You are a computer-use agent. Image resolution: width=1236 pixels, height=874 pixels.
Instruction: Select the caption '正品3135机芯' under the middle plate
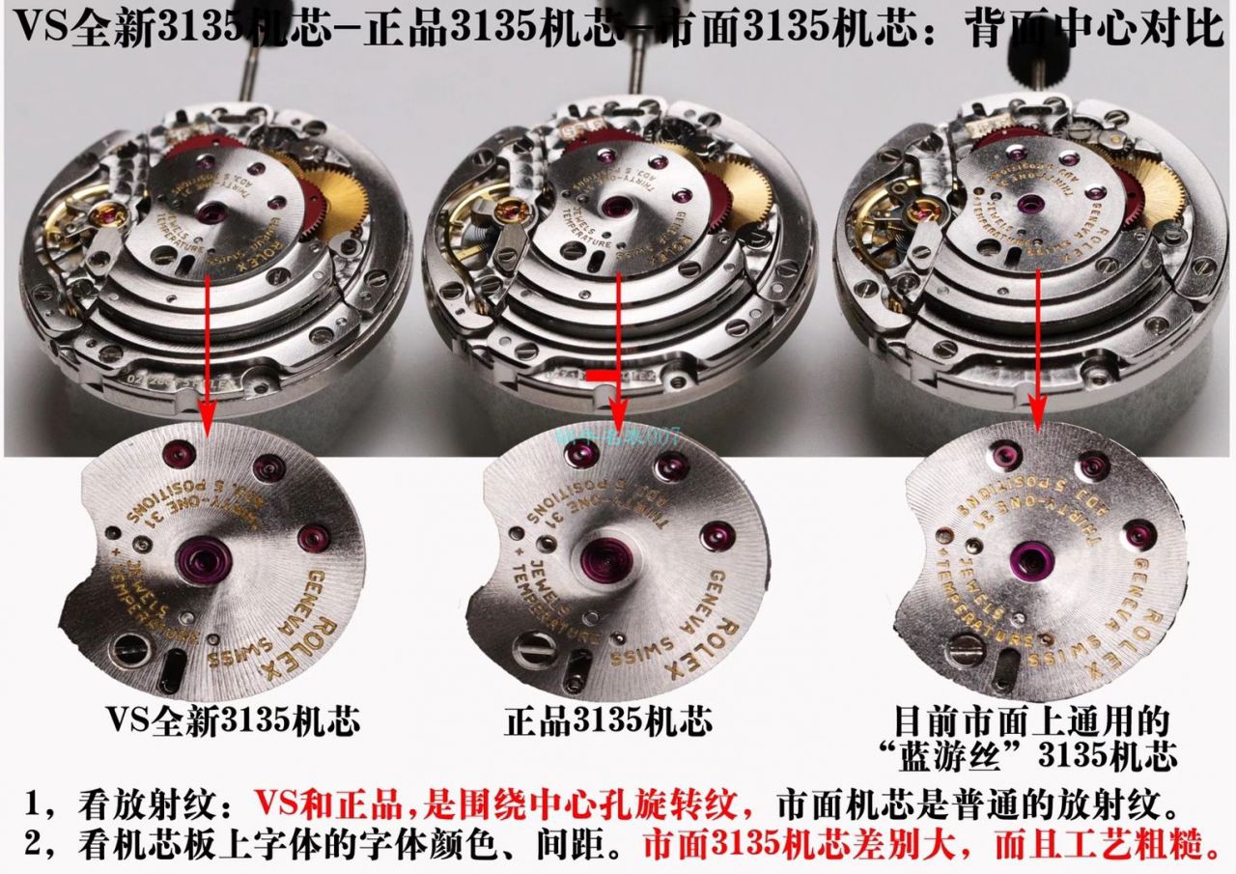point(608,722)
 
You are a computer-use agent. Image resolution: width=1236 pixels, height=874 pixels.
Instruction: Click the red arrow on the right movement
point(1038,348)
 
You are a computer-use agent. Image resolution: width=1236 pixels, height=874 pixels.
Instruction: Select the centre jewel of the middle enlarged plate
point(604,557)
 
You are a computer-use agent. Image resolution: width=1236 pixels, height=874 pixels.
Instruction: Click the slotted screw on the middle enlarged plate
point(530,652)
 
